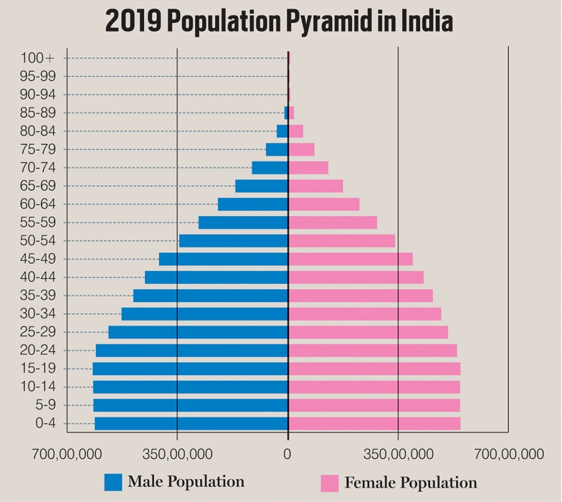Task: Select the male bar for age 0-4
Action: (191, 423)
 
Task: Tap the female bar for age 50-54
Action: (341, 240)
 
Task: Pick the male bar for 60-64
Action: (253, 204)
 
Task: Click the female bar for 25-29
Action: (368, 331)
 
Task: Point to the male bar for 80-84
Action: (282, 131)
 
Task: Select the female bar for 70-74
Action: (308, 167)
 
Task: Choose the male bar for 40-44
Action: (216, 277)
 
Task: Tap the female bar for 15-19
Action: (374, 368)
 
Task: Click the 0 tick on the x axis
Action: (287, 453)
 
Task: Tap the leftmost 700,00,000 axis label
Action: (67, 453)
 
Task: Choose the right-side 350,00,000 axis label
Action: (398, 453)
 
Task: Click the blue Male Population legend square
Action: (113, 482)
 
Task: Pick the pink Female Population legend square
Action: (329, 483)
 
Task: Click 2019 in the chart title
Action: (132, 22)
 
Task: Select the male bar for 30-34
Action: (205, 313)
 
